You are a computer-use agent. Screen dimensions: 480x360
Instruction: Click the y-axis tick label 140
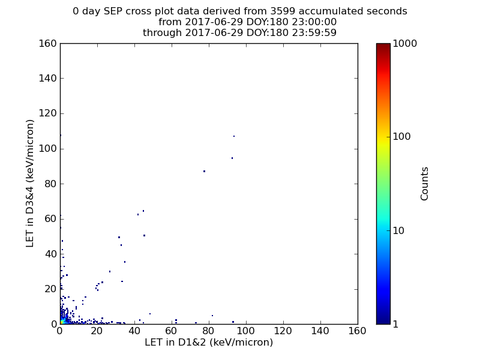click(x=48, y=79)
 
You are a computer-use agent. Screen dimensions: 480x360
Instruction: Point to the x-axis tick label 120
click(x=283, y=331)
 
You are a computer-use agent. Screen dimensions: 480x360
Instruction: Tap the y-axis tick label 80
click(x=51, y=184)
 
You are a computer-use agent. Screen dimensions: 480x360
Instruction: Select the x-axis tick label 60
click(x=172, y=331)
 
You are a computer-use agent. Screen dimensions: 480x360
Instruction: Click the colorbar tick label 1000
click(x=404, y=43)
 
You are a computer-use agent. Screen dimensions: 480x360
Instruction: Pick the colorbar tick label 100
click(x=401, y=137)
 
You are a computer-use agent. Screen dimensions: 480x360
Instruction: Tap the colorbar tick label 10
click(x=398, y=230)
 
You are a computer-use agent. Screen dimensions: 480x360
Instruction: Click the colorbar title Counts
click(x=424, y=184)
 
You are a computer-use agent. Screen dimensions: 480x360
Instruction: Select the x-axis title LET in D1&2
click(x=176, y=342)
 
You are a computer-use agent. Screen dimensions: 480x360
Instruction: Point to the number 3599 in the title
click(x=283, y=11)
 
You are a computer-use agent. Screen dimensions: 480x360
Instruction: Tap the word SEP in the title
click(x=113, y=11)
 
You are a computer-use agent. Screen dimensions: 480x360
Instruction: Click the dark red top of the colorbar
click(x=383, y=46)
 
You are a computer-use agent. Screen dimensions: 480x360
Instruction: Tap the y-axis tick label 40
click(x=51, y=254)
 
